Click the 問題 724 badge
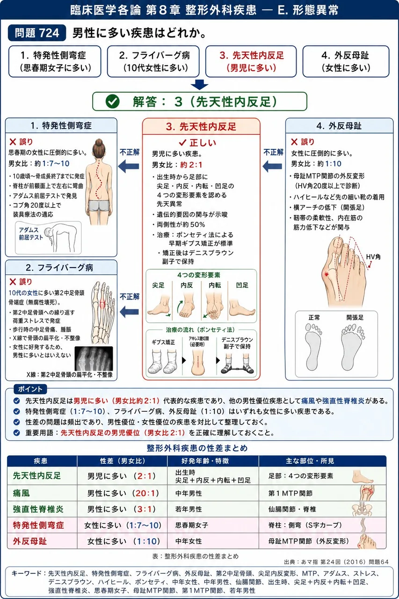[x=37, y=33]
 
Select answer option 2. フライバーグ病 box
[x=153, y=61]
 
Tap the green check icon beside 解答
[x=113, y=102]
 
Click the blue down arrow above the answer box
[x=199, y=85]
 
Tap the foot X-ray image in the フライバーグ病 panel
[x=94, y=358]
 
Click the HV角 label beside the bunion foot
[x=373, y=257]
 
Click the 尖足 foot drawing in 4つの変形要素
[x=159, y=305]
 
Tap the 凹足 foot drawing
[x=242, y=307]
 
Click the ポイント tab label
[x=30, y=389]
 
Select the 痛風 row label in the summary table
[x=22, y=493]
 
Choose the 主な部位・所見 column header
[x=310, y=461]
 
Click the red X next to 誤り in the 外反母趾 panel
[x=294, y=142]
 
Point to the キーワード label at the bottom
[x=26, y=573]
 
